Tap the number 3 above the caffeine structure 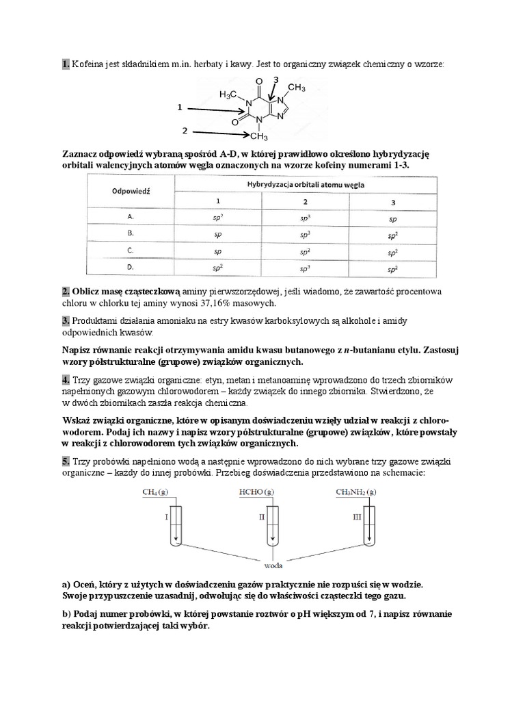tap(275, 81)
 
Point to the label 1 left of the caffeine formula tap(179, 107)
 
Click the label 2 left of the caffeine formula tap(185, 129)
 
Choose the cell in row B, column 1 tap(218, 234)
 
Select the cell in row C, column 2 tap(305, 252)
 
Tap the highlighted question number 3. tap(66, 320)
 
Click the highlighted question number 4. tap(66, 379)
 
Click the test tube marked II tap(274, 527)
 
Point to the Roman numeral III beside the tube tap(356, 518)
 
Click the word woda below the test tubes tap(273, 565)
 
